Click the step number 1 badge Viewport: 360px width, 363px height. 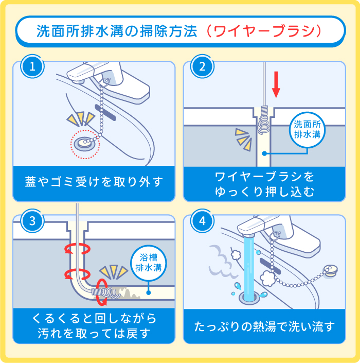(x=32, y=67)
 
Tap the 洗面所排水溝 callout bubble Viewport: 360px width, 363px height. (x=307, y=129)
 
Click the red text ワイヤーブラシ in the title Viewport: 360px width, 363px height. (x=267, y=30)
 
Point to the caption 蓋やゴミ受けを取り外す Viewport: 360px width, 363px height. (x=94, y=182)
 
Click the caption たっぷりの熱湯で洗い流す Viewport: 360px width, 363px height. (x=264, y=326)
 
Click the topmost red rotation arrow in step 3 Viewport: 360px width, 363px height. (x=76, y=250)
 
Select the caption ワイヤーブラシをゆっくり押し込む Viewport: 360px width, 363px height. (x=264, y=183)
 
